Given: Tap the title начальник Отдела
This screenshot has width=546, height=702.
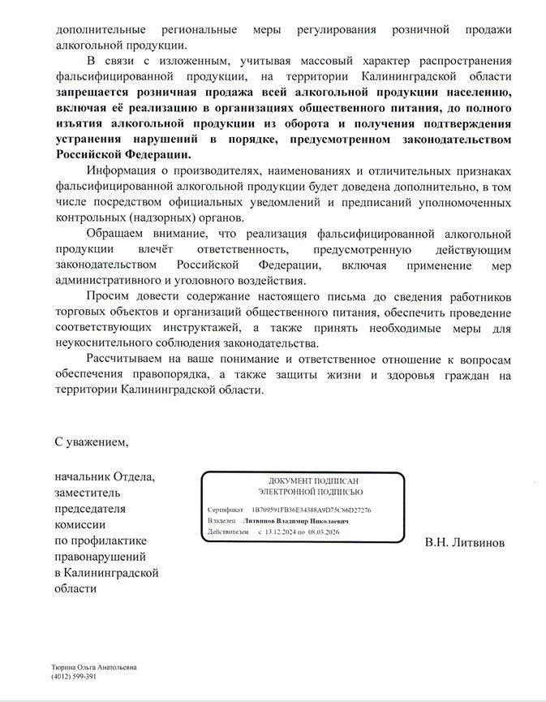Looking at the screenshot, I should tap(105, 476).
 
